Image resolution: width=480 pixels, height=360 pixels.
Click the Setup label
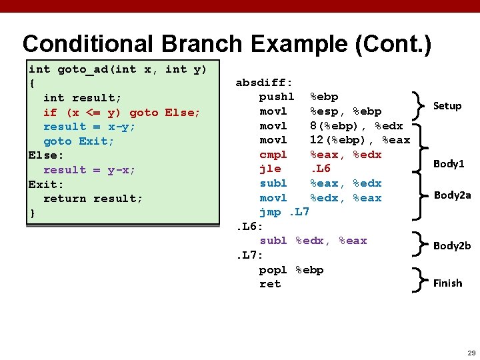447,106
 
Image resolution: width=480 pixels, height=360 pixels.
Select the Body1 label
449,163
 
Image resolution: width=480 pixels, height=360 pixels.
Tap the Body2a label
452,195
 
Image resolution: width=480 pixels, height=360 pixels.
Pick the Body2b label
452,245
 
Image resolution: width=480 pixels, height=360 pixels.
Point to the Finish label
447,283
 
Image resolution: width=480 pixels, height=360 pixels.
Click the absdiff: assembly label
264,83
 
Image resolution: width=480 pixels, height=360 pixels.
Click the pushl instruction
277,97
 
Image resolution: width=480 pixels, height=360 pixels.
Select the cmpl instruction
273,155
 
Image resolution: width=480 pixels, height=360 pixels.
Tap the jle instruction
270,169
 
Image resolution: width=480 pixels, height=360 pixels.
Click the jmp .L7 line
284,212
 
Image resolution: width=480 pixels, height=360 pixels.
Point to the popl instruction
273,269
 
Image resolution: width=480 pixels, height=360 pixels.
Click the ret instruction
270,284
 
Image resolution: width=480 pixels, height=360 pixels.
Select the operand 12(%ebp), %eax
360,140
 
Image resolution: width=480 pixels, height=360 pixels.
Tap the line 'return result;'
93,199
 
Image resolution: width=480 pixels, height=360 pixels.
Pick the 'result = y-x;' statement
89,170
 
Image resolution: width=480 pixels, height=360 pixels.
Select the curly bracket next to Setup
419,105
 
